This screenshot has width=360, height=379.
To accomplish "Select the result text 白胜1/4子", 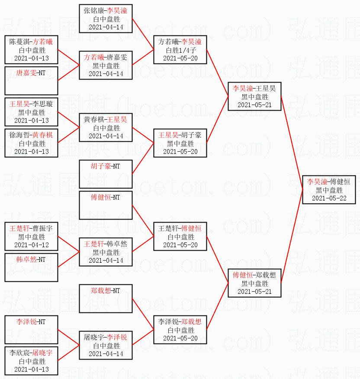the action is tap(180, 50).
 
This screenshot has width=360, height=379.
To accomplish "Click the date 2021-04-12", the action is tap(31, 245).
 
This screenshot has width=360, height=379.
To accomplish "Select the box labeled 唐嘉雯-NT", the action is tap(31, 81).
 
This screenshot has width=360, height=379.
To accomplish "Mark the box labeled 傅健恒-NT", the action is tap(106, 205).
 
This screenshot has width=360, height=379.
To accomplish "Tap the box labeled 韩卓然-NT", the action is tap(31, 267).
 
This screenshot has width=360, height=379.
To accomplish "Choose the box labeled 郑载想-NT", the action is tap(106, 298).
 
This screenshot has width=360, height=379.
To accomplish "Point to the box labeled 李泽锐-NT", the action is tap(31, 329).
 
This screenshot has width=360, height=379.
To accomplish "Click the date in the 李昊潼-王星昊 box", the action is tap(254, 105).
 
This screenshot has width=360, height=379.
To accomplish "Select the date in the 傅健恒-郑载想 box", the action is tap(254, 292).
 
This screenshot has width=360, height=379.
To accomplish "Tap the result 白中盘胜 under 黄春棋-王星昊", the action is tap(106, 128).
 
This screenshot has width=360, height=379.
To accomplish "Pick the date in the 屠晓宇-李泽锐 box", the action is tap(106, 354).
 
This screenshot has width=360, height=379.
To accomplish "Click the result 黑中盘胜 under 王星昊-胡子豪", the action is tap(180, 143).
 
